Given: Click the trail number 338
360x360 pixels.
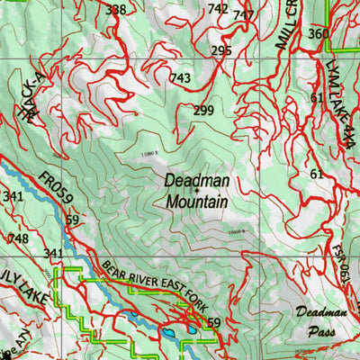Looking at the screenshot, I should [x=116, y=10].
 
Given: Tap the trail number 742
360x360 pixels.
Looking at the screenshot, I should [x=218, y=8].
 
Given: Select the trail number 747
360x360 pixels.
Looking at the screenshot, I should [x=243, y=15].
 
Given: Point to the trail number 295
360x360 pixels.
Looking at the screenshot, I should [x=221, y=51].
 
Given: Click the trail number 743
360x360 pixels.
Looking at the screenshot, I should [x=180, y=79].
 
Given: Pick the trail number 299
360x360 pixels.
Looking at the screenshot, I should [x=202, y=111].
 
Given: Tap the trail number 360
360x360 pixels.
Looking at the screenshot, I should [x=318, y=34].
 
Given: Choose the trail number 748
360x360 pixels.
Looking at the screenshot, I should [x=17, y=238].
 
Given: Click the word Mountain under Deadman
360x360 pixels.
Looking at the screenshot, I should [x=196, y=202].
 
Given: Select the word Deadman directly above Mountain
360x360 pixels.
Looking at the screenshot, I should [x=196, y=181].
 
